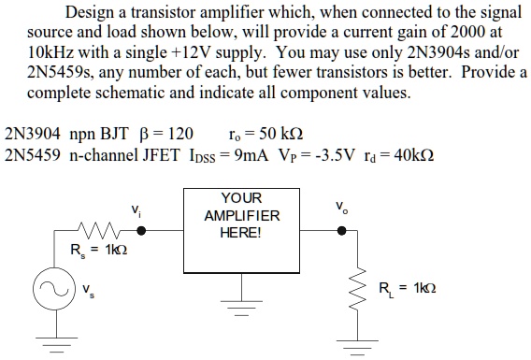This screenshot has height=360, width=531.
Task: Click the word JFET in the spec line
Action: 160,153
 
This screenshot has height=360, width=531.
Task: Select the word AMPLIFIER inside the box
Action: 241,216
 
